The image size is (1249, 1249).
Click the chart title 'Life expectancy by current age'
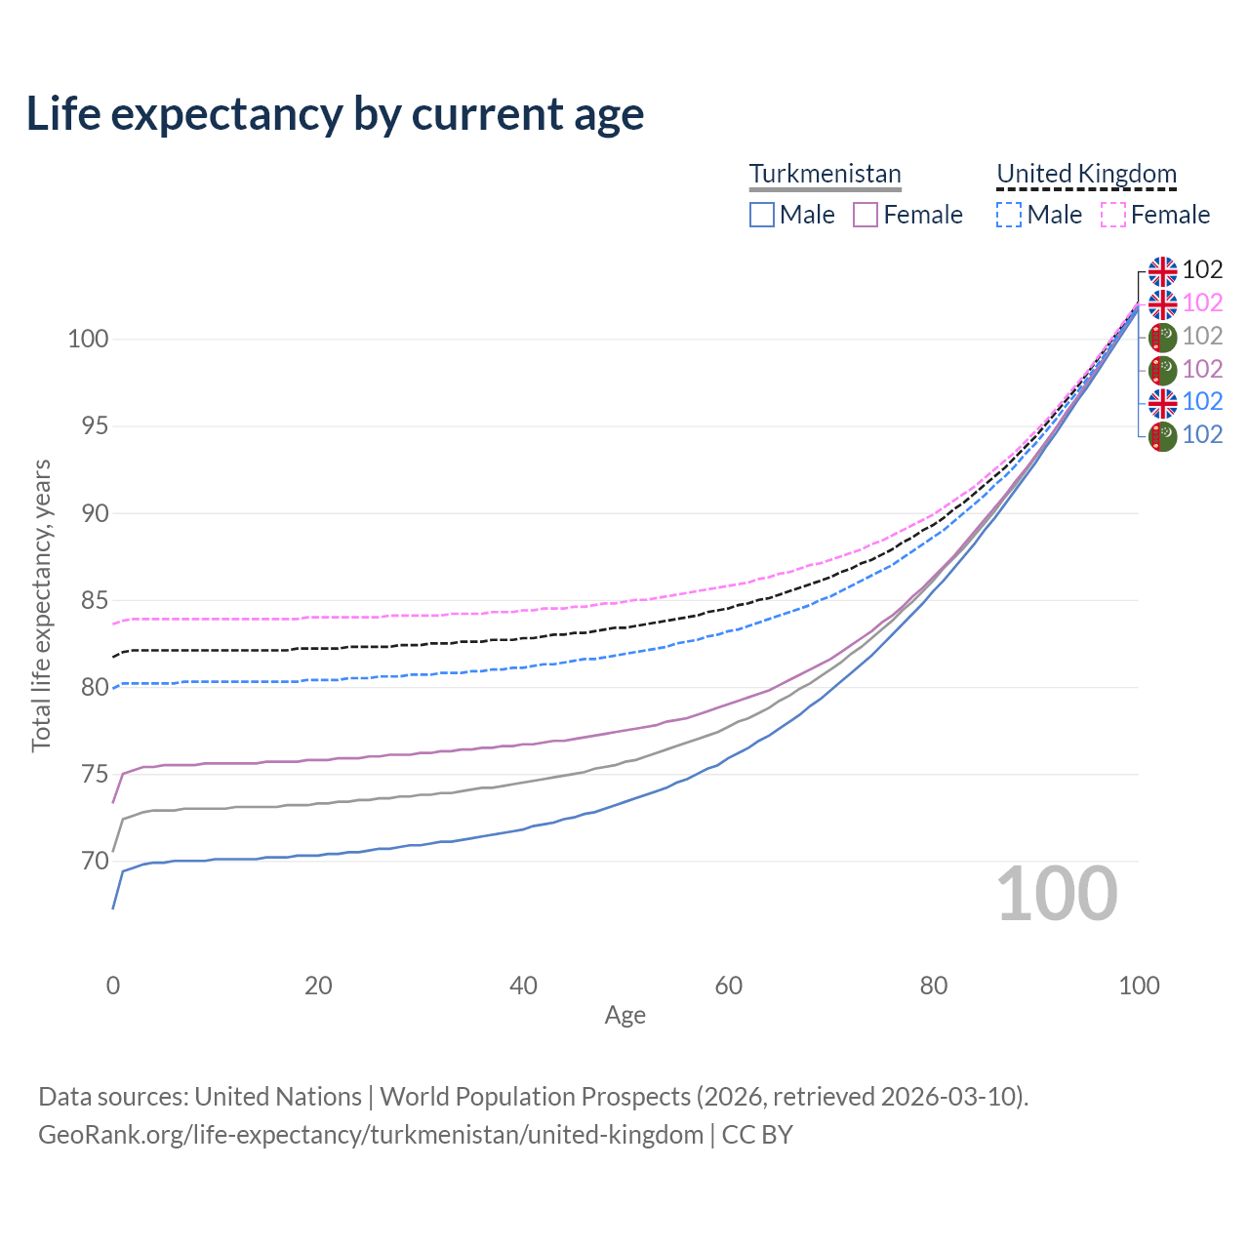335,114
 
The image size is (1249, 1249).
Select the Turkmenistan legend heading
825,174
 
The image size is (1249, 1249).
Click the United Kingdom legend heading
1086,174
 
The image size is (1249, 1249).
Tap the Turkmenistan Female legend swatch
866,215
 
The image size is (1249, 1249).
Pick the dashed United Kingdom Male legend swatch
1009,215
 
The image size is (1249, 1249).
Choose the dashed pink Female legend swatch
1113,215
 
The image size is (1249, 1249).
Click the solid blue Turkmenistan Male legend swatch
762,215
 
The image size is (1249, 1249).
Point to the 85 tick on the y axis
95,601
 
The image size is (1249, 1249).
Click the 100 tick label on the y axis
88,340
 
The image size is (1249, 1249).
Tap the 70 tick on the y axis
95,862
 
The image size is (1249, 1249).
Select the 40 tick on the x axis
523,986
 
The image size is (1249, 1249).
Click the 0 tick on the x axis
113,986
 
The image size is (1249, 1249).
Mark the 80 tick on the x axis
934,986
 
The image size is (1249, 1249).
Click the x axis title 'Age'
624,1016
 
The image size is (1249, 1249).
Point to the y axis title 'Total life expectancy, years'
41,605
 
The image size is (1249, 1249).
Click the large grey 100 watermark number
1057,894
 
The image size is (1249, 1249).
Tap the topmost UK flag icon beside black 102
1162,270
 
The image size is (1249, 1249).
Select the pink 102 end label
1202,303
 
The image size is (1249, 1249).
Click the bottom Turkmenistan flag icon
1162,435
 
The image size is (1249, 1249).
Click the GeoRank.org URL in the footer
371,1135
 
